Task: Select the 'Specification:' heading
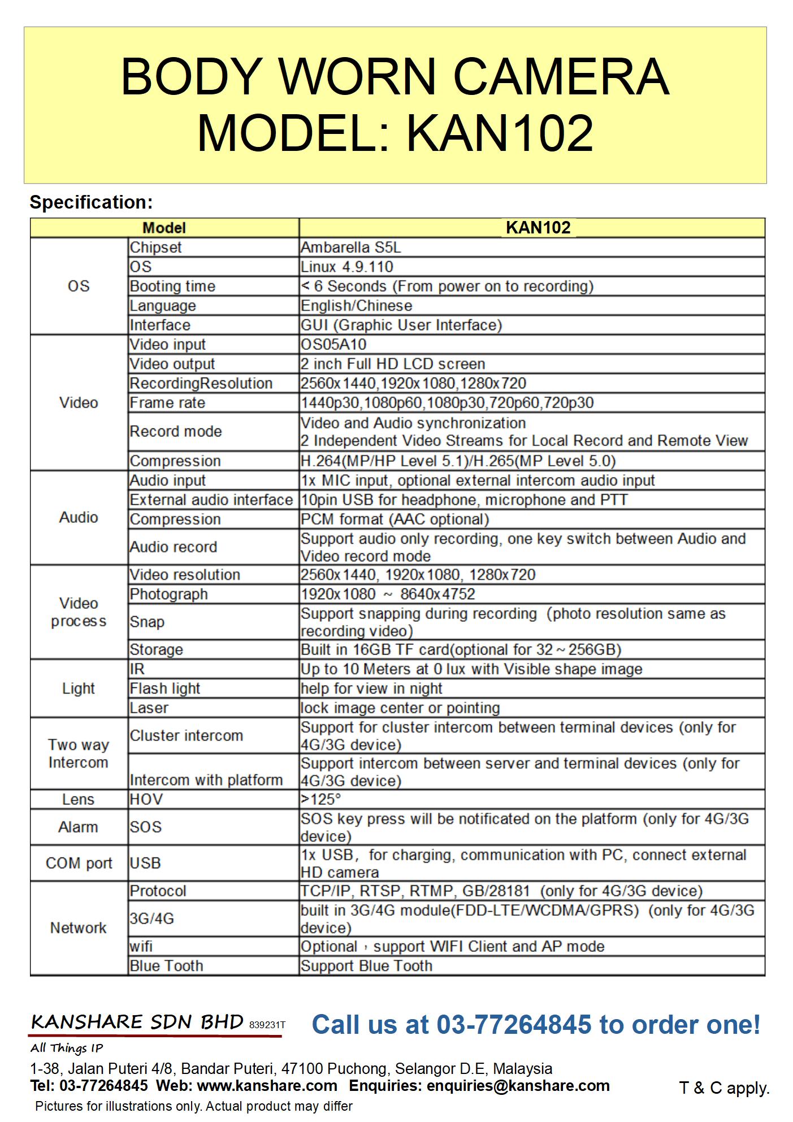pos(91,202)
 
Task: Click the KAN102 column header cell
pos(538,228)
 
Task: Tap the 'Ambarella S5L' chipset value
pos(351,248)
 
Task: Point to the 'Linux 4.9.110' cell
pos(346,267)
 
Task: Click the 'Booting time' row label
pos(172,286)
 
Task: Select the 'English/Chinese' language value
pos(356,306)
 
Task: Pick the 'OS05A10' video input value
pos(333,344)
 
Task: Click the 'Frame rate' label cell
pos(167,402)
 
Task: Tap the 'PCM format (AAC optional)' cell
pos(395,519)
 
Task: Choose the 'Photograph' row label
pos(168,594)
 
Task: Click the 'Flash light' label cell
pos(164,688)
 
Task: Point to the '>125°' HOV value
pos(321,799)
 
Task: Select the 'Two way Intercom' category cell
pos(78,753)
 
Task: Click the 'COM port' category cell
pos(79,863)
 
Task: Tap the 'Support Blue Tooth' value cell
pos(366,965)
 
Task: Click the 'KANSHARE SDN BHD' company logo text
pos(137,1022)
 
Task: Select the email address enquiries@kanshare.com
pos(518,1086)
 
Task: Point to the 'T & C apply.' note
pos(724,1088)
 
